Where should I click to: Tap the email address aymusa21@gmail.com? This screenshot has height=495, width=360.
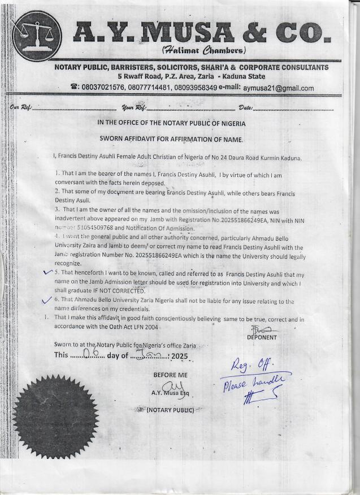pos(278,88)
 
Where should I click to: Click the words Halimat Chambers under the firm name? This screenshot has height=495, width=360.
pos(195,50)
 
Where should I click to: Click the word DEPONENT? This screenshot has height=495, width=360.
pos(262,337)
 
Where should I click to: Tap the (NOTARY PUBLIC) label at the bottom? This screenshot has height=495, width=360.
pos(171,410)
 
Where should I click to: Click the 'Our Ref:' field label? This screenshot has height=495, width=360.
pos(21,108)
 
